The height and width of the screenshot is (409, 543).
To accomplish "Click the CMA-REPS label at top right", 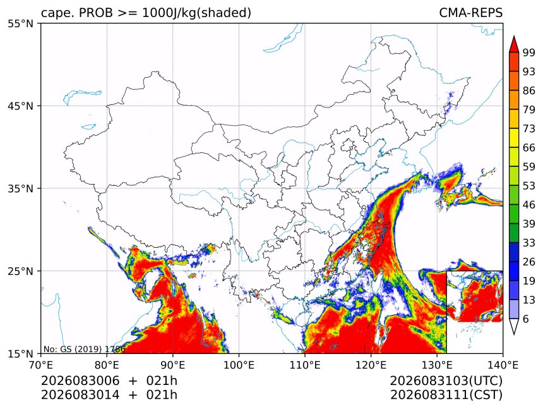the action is tap(470, 13).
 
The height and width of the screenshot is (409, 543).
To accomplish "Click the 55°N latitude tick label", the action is tap(20, 23).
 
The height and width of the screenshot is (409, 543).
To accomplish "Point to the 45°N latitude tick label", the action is tap(20, 106).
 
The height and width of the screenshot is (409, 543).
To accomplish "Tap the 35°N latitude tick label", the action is tap(20, 188).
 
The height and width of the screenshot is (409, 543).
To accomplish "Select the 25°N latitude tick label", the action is tap(20, 271).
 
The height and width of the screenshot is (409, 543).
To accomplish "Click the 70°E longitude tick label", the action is tap(41, 365).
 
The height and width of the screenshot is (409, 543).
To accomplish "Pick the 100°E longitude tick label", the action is tap(239, 365).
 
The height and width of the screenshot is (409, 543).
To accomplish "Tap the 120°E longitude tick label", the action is tap(371, 365).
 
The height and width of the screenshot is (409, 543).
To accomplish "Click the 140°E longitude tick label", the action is tap(503, 365).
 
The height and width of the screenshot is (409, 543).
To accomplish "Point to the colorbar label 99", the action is tap(529, 52).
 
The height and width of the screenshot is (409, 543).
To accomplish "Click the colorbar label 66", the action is tap(529, 148).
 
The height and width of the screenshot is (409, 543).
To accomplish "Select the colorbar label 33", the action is tap(529, 243).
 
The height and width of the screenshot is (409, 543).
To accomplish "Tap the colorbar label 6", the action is tap(526, 319).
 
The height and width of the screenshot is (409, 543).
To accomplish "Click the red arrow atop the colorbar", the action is tap(514, 44).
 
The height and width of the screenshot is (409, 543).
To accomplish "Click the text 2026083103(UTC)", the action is tap(446, 381).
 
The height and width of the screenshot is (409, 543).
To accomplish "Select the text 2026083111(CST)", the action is tap(446, 395).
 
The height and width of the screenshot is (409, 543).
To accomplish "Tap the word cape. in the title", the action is tap(57, 13).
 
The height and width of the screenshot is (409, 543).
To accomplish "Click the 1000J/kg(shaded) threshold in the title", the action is tap(197, 13).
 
